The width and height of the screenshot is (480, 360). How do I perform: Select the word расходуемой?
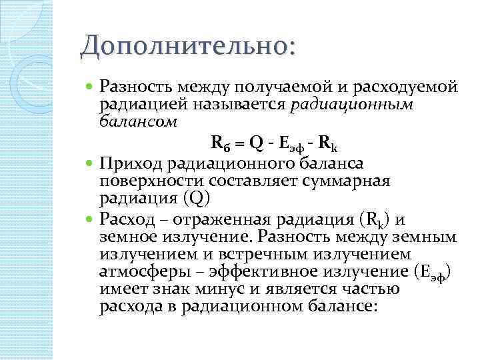pos(409,87)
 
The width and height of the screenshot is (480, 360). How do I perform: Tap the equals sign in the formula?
pos(239,141)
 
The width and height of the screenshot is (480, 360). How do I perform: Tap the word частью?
pos(371,289)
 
